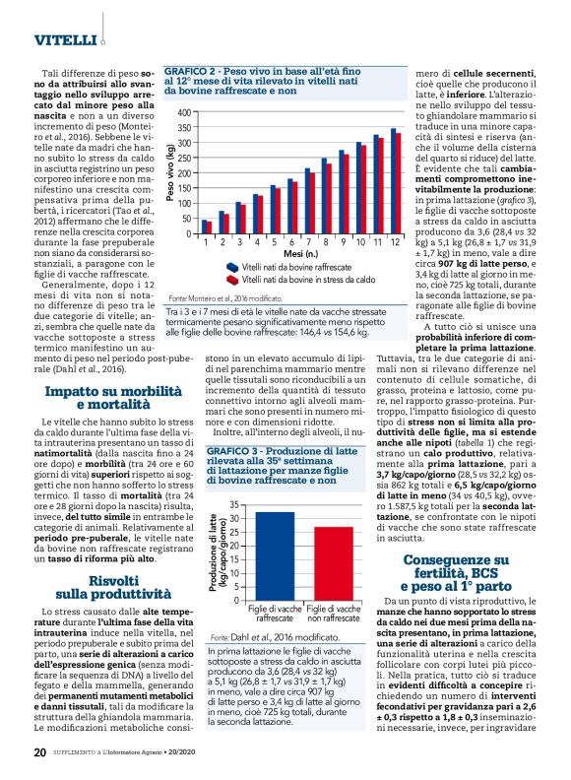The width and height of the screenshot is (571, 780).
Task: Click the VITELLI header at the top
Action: [x=64, y=40]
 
